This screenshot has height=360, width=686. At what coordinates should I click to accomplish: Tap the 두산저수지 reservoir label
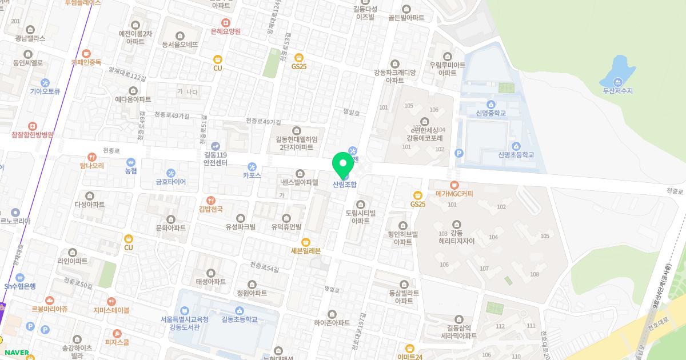[x=617, y=91]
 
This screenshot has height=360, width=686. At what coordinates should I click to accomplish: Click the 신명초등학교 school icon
[x=516, y=146]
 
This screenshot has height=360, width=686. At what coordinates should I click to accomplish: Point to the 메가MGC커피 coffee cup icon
[x=454, y=185]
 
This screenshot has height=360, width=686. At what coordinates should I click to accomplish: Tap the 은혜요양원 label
[x=226, y=31]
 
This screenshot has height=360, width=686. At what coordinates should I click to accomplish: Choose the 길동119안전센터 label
[x=216, y=158]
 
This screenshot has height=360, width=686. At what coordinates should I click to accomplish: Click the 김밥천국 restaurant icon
[x=212, y=200]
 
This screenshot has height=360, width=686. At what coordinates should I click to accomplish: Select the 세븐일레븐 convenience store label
[x=306, y=250]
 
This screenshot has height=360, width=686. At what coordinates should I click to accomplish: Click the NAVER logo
[x=17, y=353]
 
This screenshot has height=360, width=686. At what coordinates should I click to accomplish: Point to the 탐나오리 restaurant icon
[x=92, y=157]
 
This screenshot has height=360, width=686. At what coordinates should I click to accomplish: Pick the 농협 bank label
[x=131, y=170]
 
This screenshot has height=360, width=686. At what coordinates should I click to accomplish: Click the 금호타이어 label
[x=171, y=182]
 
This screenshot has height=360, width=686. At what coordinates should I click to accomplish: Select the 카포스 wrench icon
[x=252, y=166]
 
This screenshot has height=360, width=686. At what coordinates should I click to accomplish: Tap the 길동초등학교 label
[x=239, y=319]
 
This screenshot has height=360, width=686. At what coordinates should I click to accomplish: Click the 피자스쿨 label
[x=117, y=342]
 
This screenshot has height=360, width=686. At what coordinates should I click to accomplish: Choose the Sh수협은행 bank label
[x=20, y=286]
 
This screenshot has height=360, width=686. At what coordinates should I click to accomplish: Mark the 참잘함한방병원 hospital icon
[x=32, y=126]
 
